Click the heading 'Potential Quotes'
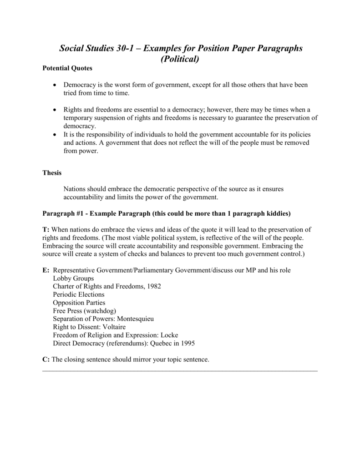point(67,68)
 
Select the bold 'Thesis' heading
point(52,173)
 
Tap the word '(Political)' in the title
point(180,59)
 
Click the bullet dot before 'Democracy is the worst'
point(55,85)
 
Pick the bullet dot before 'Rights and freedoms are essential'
point(55,110)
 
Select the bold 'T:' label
point(46,229)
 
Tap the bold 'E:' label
point(46,270)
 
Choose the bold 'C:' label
point(46,360)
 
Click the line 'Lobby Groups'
point(73,278)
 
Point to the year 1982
point(153,286)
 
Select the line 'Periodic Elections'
point(78,294)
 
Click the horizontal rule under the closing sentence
point(180,370)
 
